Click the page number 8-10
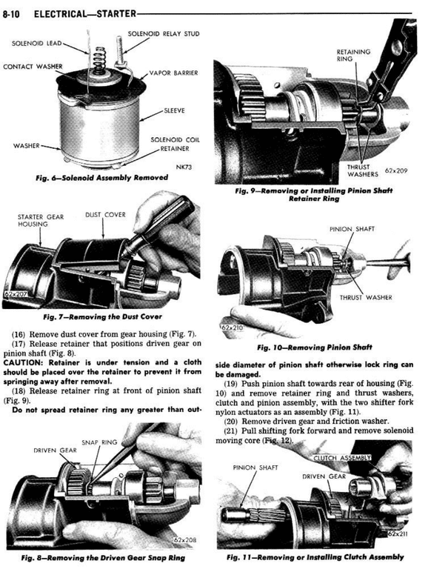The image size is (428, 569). pyautogui.click(x=11, y=14)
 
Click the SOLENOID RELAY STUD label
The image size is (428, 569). pyautogui.click(x=164, y=34)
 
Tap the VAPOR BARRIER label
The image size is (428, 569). pyautogui.click(x=174, y=73)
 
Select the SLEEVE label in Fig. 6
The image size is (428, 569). pyautogui.click(x=175, y=110)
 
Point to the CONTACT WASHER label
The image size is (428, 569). pyautogui.click(x=33, y=67)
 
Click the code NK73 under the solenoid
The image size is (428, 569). pyautogui.click(x=184, y=167)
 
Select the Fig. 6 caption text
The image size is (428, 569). pyautogui.click(x=102, y=178)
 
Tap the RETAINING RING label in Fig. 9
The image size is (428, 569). pyautogui.click(x=353, y=55)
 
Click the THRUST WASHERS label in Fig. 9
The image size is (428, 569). pyautogui.click(x=363, y=170)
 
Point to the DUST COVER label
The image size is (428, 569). pyautogui.click(x=106, y=215)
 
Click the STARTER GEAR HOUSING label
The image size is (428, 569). pyautogui.click(x=41, y=221)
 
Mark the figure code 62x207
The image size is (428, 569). pyautogui.click(x=16, y=294)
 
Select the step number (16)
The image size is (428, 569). pyautogui.click(x=19, y=334)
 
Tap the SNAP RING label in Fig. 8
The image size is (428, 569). pyautogui.click(x=99, y=442)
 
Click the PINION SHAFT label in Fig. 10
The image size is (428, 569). pyautogui.click(x=352, y=229)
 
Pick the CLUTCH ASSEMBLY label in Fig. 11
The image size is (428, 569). pyautogui.click(x=342, y=458)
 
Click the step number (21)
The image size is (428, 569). pyautogui.click(x=231, y=431)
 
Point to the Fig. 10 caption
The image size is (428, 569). pyautogui.click(x=315, y=347)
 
